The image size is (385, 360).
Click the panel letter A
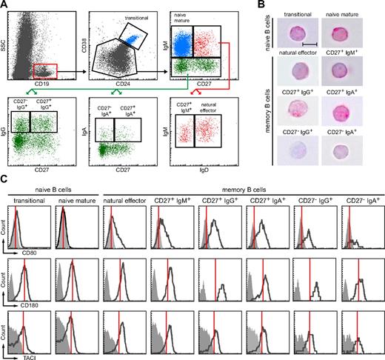(5, 5)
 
